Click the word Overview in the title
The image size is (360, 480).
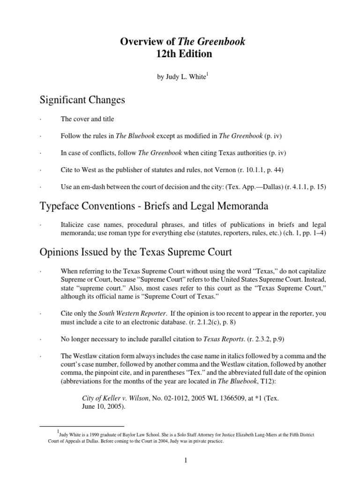click(x=137, y=42)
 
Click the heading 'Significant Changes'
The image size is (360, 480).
click(x=82, y=99)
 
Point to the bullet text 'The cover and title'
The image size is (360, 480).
click(x=87, y=119)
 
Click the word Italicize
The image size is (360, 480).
click(x=74, y=226)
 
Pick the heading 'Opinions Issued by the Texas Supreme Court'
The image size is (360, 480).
click(x=136, y=253)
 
